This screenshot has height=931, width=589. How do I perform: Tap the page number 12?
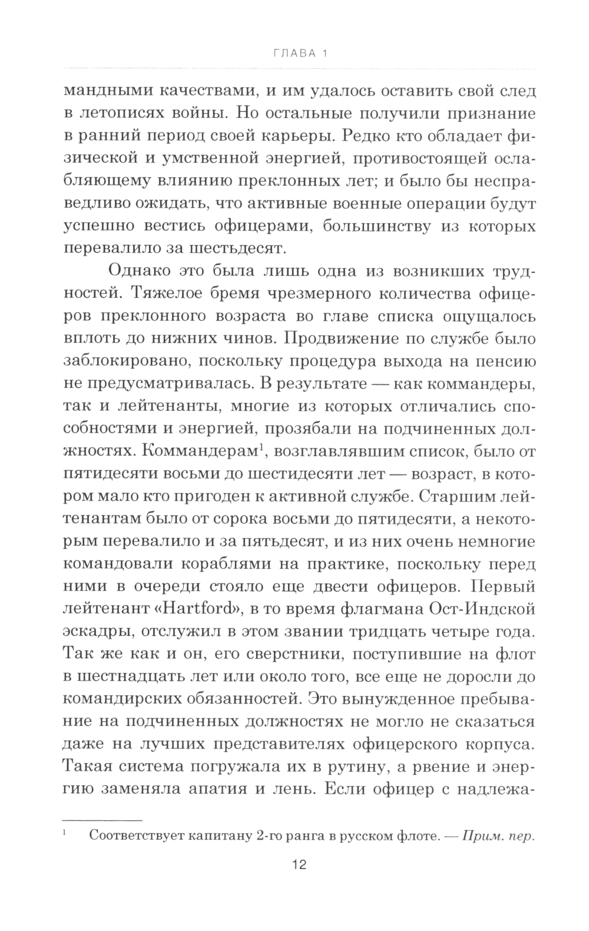298,864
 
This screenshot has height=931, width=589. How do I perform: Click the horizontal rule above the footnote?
102,820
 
